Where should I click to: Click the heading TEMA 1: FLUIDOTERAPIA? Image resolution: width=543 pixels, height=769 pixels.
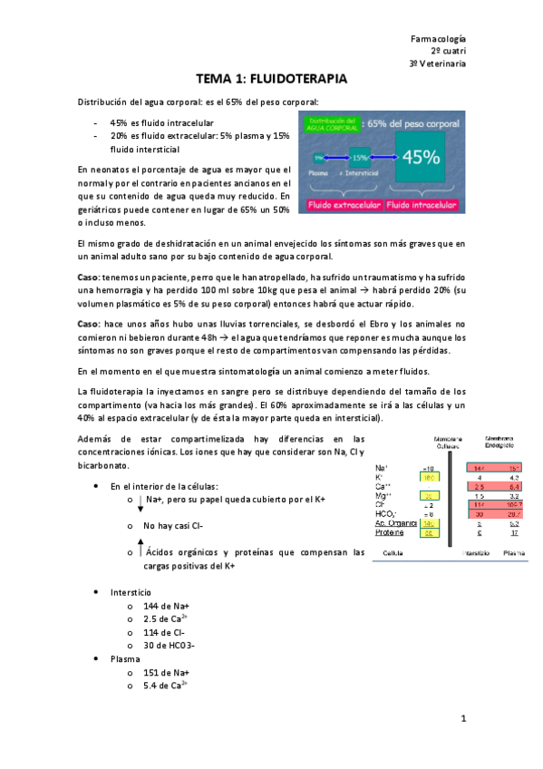point(271,79)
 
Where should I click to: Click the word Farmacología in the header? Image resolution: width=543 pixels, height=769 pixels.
point(439,39)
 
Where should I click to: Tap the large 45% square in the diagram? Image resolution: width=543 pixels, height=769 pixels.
point(421,157)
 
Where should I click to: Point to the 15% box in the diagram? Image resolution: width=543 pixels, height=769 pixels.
point(361,156)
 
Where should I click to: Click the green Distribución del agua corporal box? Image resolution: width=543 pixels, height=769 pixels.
point(332,124)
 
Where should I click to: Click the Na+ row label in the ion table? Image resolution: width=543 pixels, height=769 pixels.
point(382,467)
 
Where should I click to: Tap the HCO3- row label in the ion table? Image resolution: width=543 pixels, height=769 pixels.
point(386,513)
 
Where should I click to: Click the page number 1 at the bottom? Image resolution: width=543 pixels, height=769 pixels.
point(462,719)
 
